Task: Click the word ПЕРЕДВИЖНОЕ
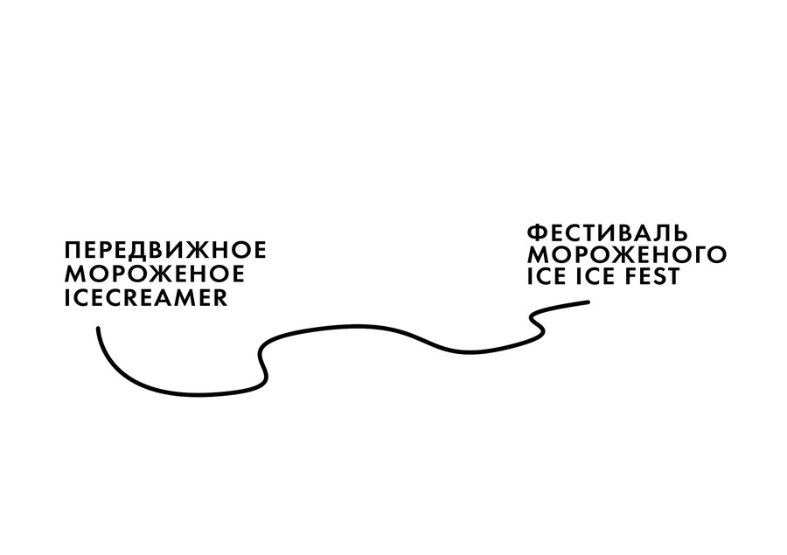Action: coord(165,250)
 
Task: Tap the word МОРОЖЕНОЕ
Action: coord(155,274)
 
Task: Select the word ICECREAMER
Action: coord(147,297)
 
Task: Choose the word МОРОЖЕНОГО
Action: coord(627,254)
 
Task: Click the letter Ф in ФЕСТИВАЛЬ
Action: coord(537,232)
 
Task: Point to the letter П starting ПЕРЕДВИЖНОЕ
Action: coord(73,250)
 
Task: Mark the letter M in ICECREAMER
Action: coord(182,297)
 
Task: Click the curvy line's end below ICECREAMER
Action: coord(98,329)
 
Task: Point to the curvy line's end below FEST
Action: coord(588,302)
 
